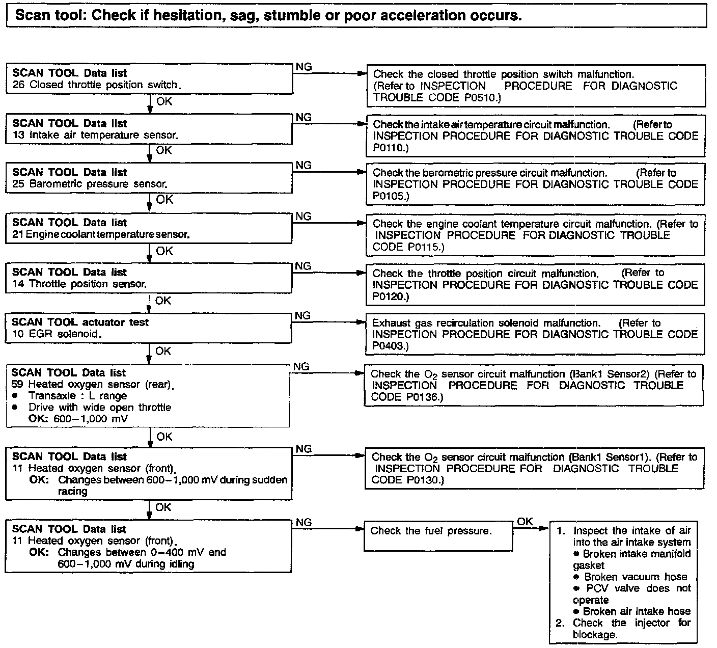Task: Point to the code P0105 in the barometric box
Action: (388, 196)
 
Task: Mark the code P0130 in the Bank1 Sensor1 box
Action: (425, 480)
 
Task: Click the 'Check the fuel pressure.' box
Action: (438, 535)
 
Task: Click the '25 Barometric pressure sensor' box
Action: (150, 178)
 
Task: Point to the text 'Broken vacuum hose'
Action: (636, 577)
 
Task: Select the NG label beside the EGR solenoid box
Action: (302, 316)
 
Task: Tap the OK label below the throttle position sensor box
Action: (163, 301)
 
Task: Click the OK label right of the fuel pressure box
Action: (525, 522)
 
